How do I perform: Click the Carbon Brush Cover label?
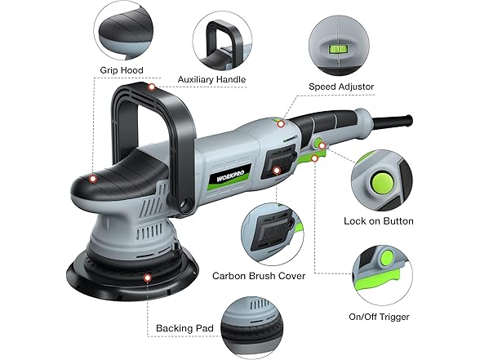(x=259, y=275)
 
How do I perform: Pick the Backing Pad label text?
(x=184, y=329)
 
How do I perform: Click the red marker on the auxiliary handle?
(x=151, y=86)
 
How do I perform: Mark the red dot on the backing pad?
(x=147, y=278)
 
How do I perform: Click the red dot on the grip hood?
(x=93, y=177)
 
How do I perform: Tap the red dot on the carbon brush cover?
(x=278, y=171)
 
